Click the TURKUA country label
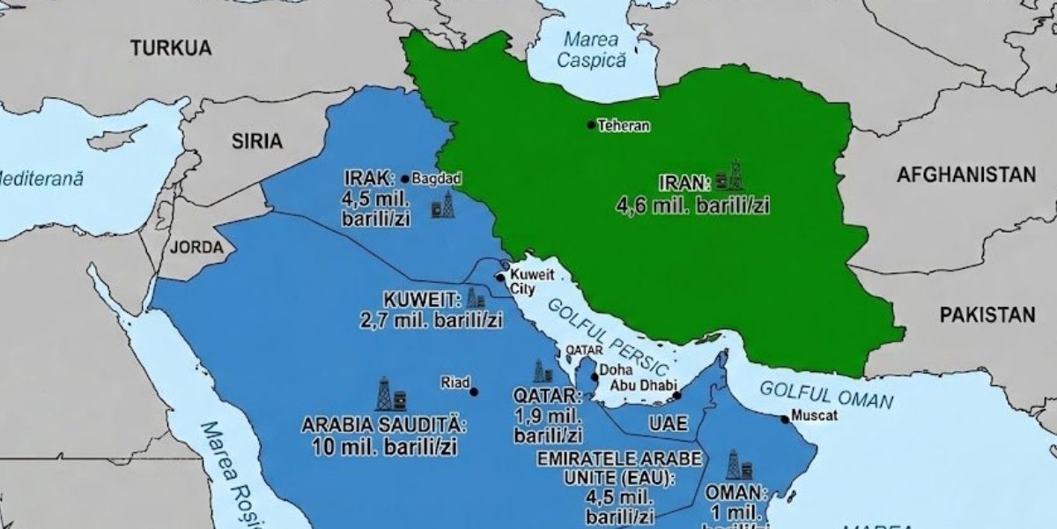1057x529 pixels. (171, 48)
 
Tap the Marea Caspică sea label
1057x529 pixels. (591, 49)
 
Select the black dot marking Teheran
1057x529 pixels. (592, 124)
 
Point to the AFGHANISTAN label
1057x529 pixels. (965, 175)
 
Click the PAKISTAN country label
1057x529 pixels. (987, 315)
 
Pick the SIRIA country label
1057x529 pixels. (256, 140)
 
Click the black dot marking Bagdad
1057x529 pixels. (404, 178)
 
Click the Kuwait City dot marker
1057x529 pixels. (500, 278)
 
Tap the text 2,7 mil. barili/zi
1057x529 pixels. (431, 320)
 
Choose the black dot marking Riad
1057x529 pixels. (474, 391)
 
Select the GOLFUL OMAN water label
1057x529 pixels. (826, 394)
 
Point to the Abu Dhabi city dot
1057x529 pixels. (676, 396)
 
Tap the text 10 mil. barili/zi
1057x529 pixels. (383, 446)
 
